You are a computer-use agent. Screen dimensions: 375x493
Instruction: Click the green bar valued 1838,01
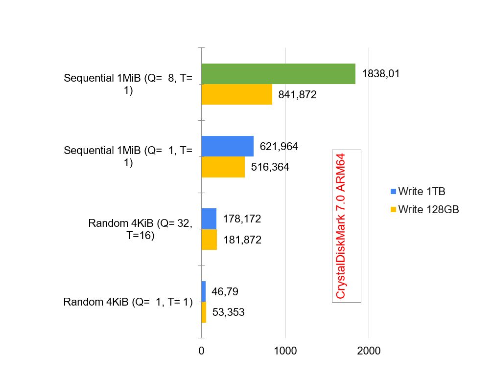tap(278, 74)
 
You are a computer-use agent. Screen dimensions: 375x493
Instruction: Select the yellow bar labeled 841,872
tap(237, 94)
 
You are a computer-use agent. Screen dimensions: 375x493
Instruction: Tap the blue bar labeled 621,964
tap(228, 146)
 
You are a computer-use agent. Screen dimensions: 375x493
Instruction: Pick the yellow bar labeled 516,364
tap(223, 167)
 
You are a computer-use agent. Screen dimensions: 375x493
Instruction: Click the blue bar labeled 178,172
tap(209, 219)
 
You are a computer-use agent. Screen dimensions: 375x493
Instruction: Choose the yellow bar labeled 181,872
tap(209, 240)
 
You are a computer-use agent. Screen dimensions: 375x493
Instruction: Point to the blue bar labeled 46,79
tap(204, 291)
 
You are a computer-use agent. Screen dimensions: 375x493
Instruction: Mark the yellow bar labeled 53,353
tap(204, 312)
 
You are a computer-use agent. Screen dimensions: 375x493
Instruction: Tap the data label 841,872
tap(298, 95)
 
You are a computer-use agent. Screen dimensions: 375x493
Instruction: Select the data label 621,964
tap(279, 146)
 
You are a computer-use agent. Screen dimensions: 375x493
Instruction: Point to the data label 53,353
tap(228, 312)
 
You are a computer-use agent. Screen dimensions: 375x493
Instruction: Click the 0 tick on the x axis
tap(201, 351)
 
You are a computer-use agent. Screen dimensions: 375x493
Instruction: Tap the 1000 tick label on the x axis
tap(285, 351)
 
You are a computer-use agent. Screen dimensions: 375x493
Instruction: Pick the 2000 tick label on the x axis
tap(369, 351)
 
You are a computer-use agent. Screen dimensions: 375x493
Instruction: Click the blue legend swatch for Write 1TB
tap(393, 191)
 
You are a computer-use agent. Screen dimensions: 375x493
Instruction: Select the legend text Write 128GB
tap(428, 209)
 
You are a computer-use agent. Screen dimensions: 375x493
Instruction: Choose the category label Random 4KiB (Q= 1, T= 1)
tap(128, 302)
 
